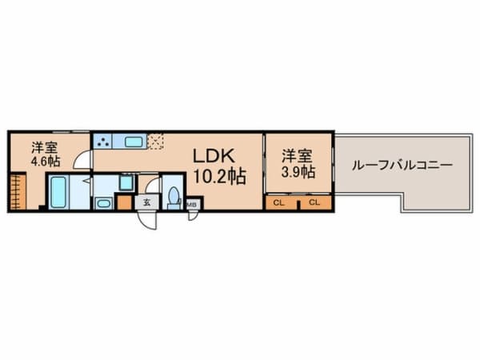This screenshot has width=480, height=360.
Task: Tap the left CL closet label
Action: point(278,202)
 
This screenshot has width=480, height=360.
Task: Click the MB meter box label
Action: point(192,205)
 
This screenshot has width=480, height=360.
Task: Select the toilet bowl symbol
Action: point(174,198)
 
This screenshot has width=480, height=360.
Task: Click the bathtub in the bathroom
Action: point(58,193)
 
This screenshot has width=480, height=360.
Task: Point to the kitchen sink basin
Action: point(134,142)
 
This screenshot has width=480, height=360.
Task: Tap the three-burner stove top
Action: point(104,142)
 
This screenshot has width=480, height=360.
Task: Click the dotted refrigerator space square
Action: point(157,141)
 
